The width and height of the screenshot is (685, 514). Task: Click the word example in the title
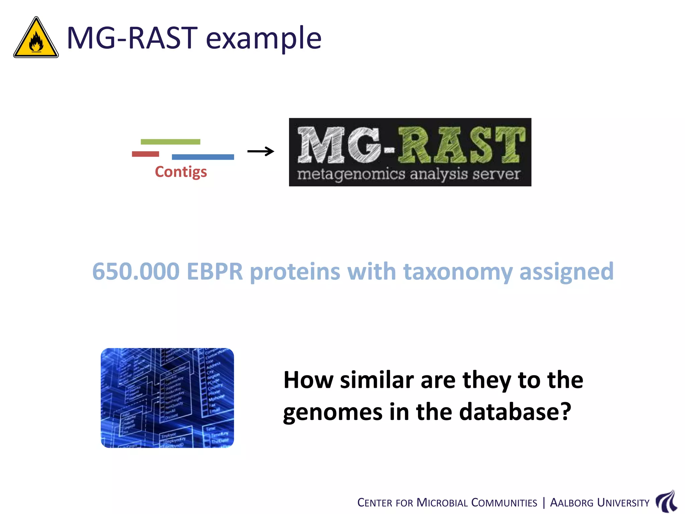pos(264,38)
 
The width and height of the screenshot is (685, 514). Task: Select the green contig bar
pos(170,142)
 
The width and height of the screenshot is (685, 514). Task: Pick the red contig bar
pos(145,154)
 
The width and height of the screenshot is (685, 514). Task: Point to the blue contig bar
pos(203,157)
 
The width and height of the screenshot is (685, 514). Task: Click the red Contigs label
pos(181,172)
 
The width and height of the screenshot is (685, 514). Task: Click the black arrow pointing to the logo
pos(261,151)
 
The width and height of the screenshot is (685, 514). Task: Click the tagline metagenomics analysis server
pos(409,174)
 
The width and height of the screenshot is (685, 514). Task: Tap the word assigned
pos(566,272)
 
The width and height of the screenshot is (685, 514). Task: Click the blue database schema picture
pos(167,398)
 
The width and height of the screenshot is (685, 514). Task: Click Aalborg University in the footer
pos(599,503)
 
